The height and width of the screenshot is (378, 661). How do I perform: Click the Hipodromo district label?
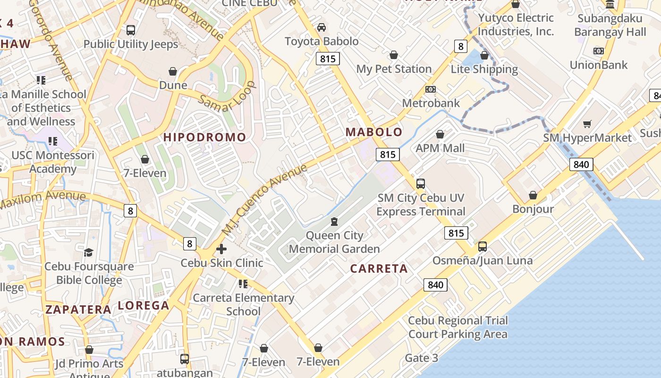tap(204, 137)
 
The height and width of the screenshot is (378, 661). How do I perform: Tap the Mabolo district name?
tap(374, 132)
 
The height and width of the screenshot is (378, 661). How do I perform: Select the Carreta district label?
tap(379, 269)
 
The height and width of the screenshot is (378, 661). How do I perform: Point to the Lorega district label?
tap(144, 306)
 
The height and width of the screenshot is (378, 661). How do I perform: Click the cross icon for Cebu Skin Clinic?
tap(221, 249)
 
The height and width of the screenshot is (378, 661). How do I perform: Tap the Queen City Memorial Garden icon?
tap(334, 222)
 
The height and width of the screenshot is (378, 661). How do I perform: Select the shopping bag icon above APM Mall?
tap(440, 135)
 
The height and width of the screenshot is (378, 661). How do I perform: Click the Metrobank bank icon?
tap(430, 89)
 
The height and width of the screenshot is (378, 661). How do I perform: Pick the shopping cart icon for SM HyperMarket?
tap(587, 124)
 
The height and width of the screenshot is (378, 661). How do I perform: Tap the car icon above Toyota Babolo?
tap(322, 27)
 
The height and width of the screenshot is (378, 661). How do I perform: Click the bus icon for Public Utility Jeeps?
tap(131, 30)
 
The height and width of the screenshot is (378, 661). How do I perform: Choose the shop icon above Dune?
tap(173, 71)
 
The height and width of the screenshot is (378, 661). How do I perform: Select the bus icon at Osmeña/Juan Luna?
tap(482, 247)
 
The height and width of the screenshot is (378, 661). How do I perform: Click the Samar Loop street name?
tap(227, 97)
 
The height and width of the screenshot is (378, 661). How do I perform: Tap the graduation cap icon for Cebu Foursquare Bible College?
tap(89, 253)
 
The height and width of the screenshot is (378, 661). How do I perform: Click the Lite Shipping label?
tap(484, 69)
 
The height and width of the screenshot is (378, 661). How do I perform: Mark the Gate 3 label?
tap(421, 358)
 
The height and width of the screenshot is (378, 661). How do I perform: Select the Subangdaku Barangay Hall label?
tap(610, 26)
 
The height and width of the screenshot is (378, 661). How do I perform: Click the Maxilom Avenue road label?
tap(42, 200)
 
